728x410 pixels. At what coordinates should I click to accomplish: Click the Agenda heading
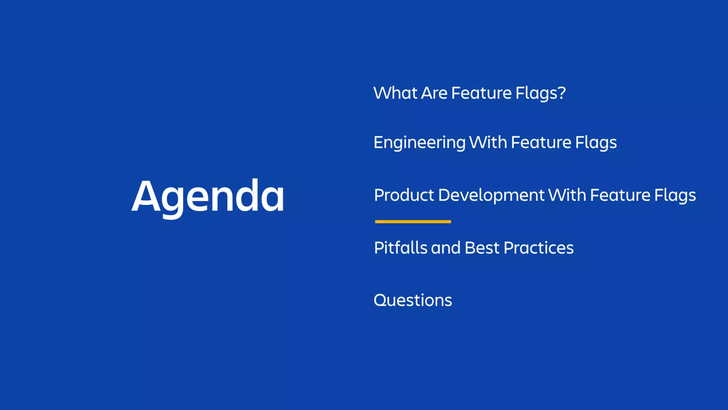[208, 196]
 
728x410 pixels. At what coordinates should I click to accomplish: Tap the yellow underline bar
[413, 222]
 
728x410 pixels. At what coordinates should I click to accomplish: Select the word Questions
[413, 300]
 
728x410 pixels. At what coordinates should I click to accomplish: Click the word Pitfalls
[400, 248]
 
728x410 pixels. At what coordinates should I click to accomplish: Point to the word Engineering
[419, 143]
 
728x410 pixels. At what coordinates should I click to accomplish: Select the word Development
[491, 195]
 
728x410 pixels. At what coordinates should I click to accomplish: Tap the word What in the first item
[395, 93]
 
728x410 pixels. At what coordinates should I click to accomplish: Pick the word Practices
[538, 248]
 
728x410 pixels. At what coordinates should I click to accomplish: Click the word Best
[482, 248]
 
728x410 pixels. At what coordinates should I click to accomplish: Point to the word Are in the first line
[434, 93]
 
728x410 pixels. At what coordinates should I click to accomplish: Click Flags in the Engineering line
[596, 143]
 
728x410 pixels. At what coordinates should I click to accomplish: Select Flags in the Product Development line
[675, 195]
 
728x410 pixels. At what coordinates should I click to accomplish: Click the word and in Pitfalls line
[446, 248]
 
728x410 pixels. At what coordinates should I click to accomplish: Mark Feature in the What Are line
[481, 93]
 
